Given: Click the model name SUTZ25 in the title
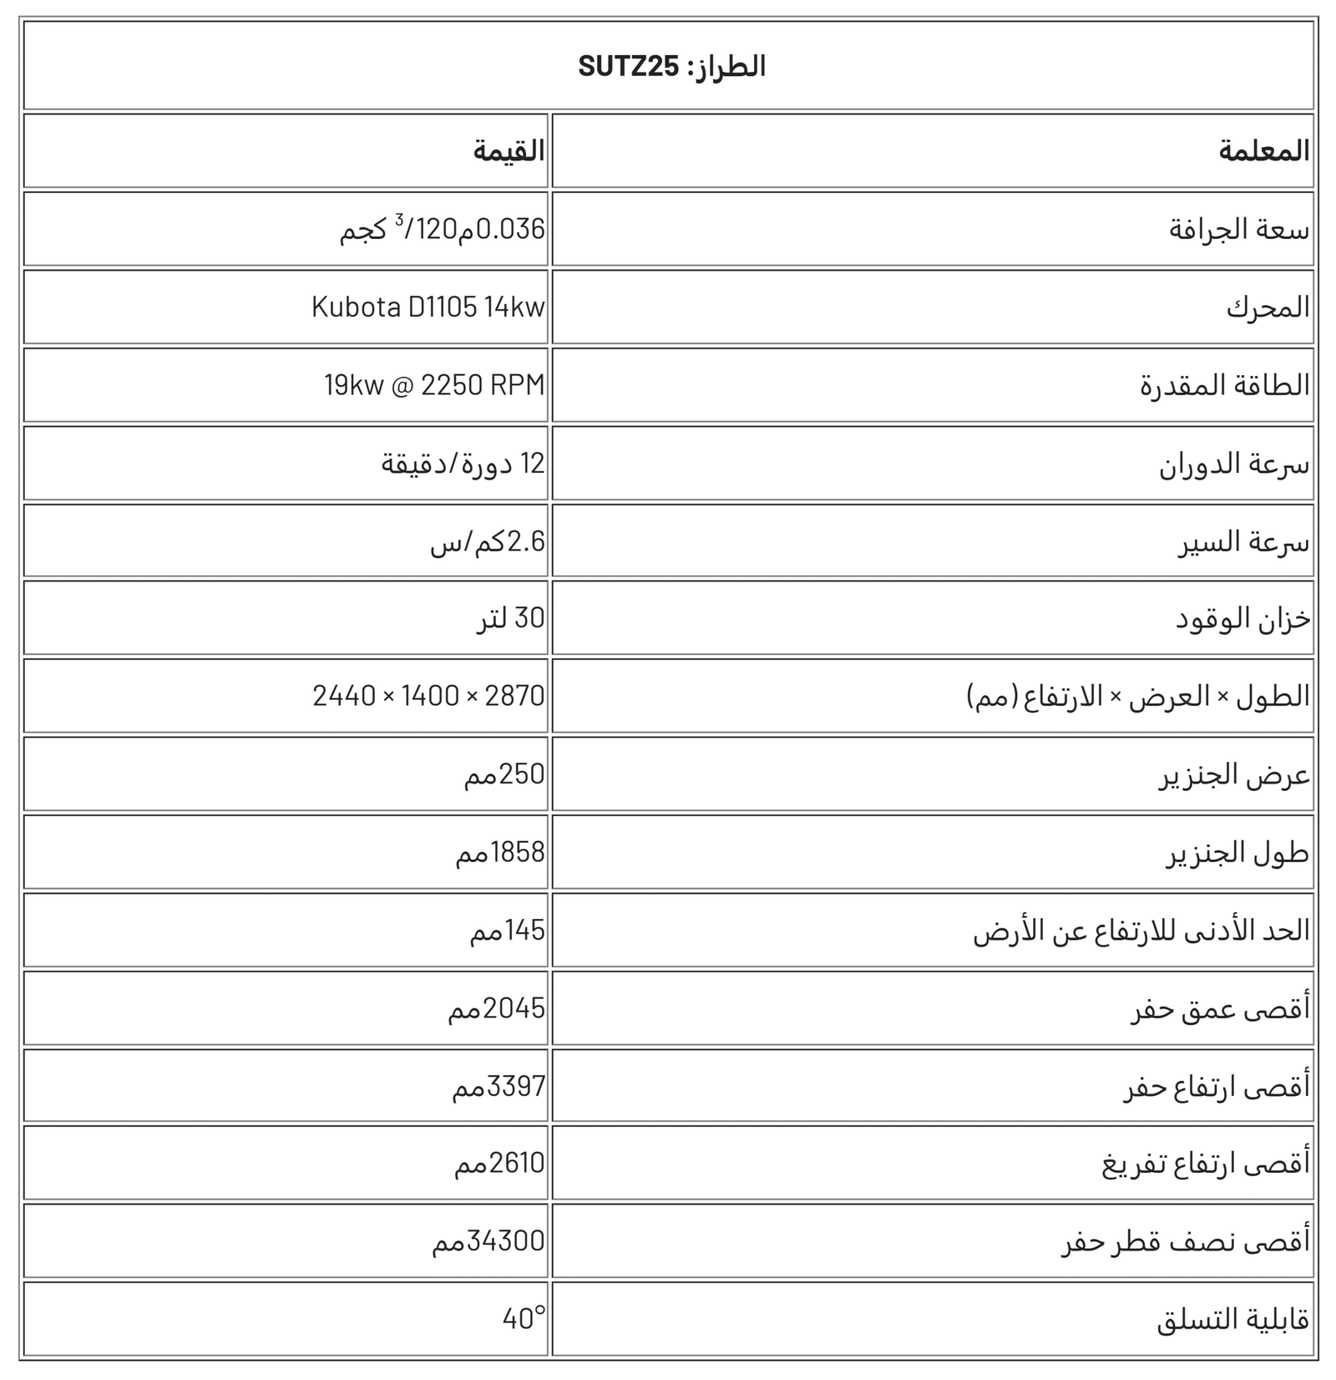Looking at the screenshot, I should point(629,66).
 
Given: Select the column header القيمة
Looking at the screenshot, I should point(509,151).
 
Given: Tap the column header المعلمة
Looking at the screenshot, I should point(1263,151).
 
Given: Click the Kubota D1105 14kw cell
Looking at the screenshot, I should point(428,307).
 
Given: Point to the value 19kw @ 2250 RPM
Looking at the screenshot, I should point(434,385).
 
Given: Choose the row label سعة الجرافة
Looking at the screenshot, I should point(1239,229).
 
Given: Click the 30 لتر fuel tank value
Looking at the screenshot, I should point(510,618).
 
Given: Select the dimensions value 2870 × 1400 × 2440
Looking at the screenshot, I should point(428,696).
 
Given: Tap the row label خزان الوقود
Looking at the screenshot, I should point(1242,619).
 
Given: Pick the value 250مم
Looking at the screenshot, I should point(504,774).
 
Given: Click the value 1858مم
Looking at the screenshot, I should point(499,852).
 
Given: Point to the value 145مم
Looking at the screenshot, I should point(507,931).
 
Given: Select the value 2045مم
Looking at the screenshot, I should point(496,1009).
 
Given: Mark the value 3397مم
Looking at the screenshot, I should point(498,1087).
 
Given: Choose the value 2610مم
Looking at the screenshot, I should point(499,1163).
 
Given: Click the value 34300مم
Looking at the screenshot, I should point(488,1241).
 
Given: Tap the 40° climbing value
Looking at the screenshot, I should point(524,1319).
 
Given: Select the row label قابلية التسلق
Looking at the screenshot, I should point(1232,1320).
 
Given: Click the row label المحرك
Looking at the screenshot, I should point(1268,307).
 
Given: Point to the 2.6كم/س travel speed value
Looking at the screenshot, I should point(488,541).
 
